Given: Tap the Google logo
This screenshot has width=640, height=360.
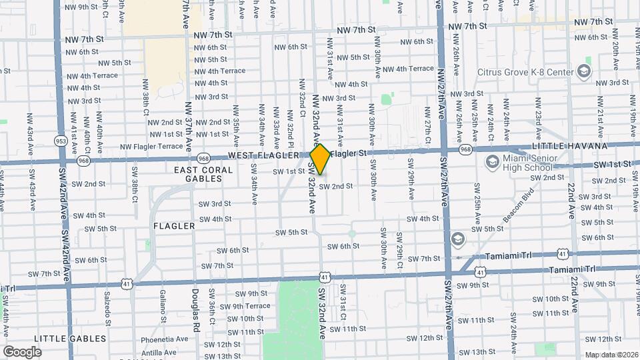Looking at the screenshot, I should point(23,351).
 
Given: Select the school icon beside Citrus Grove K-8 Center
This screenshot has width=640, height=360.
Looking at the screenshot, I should point(584,71).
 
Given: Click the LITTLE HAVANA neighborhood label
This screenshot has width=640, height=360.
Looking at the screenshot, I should point(570,146).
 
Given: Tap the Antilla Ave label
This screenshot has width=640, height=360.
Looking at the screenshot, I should point(159,352).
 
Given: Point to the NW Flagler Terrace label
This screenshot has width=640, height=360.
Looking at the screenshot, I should point(151,146).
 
